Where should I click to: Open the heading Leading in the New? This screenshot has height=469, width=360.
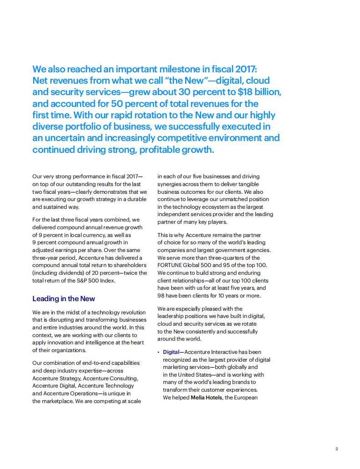tap(63, 299)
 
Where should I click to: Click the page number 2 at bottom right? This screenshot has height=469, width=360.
tap(337, 449)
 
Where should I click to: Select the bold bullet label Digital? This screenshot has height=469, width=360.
tap(171, 353)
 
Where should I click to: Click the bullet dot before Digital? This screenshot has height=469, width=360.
tap(159, 353)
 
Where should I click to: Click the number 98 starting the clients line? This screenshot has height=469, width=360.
tap(161, 296)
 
